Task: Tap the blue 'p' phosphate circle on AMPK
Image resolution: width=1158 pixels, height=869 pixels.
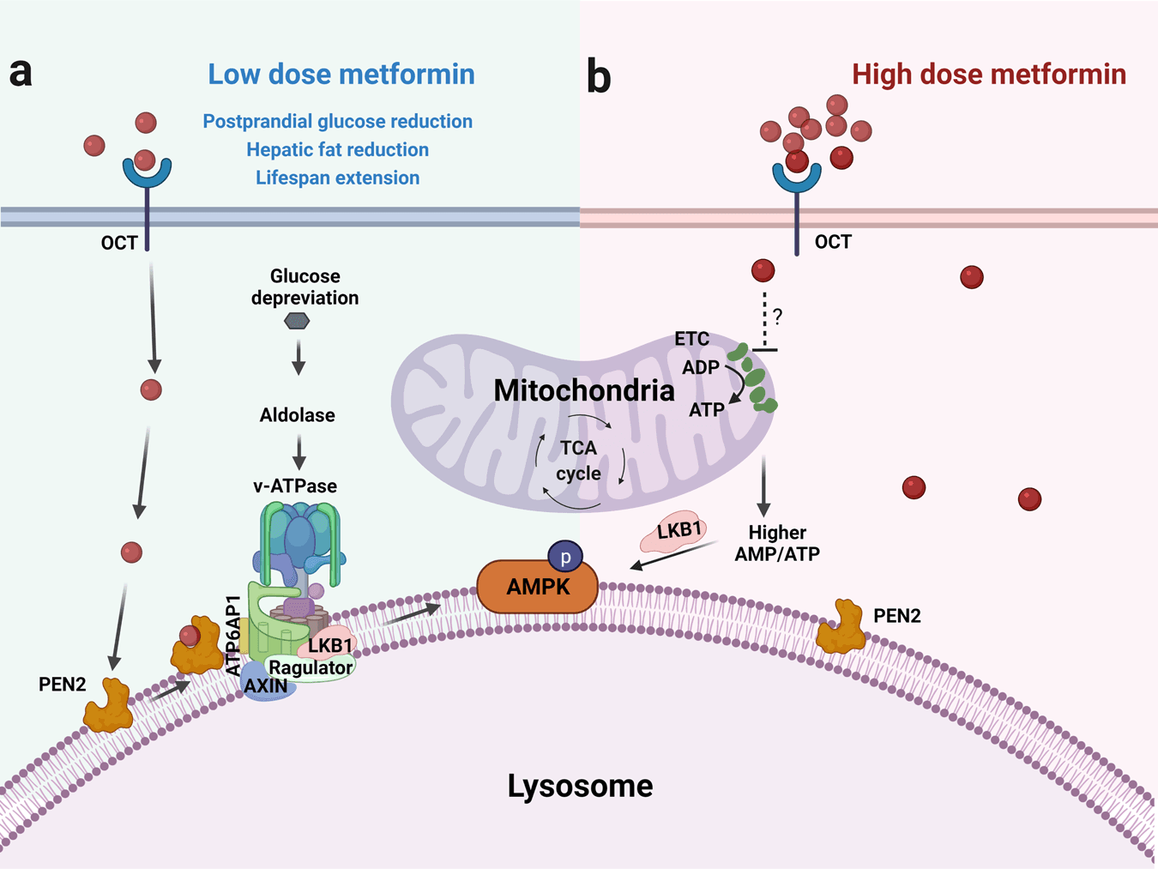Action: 565,558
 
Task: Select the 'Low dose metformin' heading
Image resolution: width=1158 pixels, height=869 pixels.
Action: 341,75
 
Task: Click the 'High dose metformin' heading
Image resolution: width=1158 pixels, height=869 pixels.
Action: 988,75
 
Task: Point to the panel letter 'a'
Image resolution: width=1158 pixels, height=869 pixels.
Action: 21,73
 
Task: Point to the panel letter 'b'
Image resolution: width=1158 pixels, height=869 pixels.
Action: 598,77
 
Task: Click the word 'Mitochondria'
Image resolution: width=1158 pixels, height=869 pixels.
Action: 584,391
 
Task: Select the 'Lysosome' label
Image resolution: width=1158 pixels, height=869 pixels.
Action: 580,786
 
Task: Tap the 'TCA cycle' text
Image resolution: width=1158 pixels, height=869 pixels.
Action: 578,461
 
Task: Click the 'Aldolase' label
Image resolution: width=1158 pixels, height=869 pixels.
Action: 298,415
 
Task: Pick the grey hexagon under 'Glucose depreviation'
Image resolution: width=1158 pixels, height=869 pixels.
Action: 297,321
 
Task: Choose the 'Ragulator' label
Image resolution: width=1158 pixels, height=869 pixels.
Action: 311,667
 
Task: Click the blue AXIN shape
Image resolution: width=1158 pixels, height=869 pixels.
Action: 266,685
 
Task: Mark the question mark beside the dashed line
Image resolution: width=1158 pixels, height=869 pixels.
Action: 777,317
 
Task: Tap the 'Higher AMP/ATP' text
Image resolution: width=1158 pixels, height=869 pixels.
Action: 777,543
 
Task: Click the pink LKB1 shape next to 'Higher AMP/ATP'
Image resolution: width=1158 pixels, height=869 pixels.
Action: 676,533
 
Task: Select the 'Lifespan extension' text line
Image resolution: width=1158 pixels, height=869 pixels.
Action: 337,178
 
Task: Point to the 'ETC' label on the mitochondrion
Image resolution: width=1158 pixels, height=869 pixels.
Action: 691,339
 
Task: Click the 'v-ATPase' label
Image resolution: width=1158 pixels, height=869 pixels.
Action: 295,486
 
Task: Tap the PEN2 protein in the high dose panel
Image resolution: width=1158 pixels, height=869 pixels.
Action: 841,627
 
